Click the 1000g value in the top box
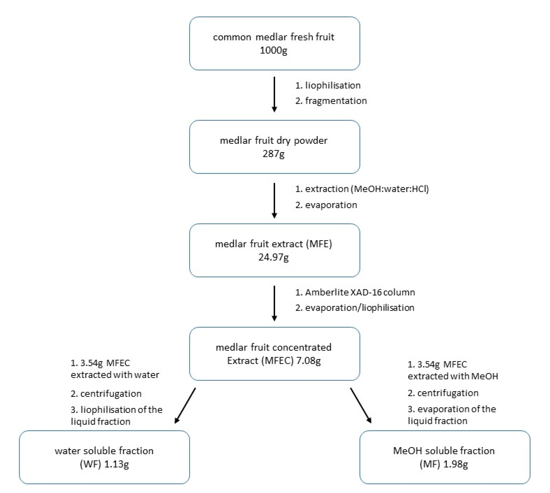(273, 50)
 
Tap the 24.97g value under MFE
(273, 257)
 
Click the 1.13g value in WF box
(116, 464)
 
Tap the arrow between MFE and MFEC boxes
(274, 303)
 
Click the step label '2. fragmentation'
(331, 101)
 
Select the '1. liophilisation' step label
(328, 86)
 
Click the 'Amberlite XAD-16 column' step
(360, 292)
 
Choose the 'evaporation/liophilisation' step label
(359, 308)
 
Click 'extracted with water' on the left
(115, 375)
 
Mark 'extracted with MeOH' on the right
(453, 376)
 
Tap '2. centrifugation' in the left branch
(106, 394)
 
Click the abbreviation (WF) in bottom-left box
(91, 464)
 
